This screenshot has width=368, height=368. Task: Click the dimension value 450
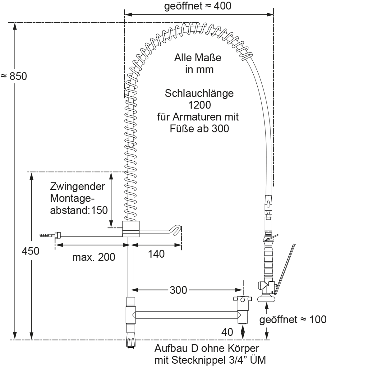point(30,251)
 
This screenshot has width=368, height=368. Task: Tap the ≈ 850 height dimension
point(14,76)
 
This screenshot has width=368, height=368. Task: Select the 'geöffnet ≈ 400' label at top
point(198,6)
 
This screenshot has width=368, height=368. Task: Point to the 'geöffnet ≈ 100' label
point(293,320)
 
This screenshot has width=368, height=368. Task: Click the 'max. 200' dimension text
point(94,257)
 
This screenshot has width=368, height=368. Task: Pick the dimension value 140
point(156,254)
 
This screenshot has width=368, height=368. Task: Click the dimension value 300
point(178,290)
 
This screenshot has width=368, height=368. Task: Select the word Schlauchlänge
point(199,94)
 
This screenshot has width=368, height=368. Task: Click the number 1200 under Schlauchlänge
point(200,105)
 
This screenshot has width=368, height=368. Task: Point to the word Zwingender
point(78,186)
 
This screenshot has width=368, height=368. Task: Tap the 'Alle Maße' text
point(198,58)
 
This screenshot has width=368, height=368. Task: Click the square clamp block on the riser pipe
point(131,229)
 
